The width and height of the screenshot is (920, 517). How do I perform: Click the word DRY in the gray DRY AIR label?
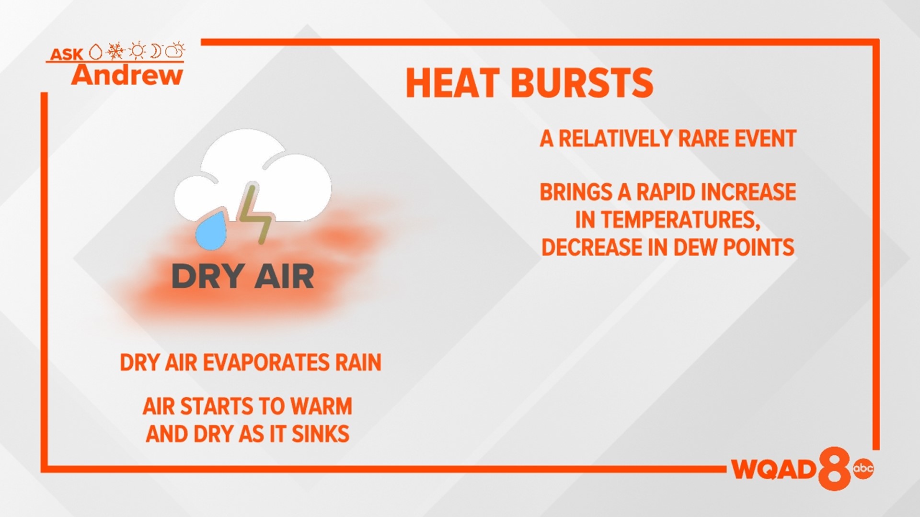206,277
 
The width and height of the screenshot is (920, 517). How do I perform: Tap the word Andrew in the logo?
127,76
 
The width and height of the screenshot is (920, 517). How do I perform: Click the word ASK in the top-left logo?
67,54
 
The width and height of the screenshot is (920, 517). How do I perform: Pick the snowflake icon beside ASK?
115,50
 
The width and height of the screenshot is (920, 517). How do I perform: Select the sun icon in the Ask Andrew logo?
137,50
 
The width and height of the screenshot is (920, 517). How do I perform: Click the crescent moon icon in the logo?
156,50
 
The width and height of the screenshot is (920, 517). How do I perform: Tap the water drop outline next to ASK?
96,52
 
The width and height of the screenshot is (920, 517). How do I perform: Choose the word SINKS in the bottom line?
321,434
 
